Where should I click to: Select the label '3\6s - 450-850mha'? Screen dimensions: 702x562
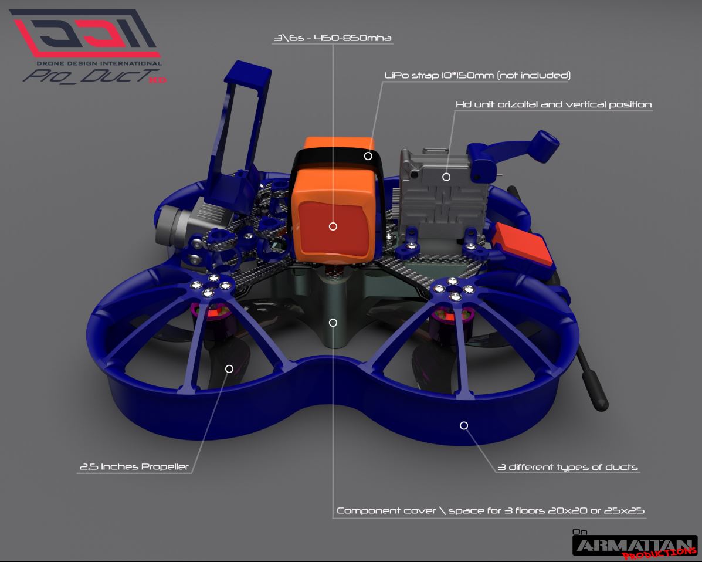click(x=333, y=38)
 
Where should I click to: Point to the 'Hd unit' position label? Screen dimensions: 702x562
click(x=554, y=104)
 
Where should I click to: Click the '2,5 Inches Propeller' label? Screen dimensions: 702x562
click(x=134, y=466)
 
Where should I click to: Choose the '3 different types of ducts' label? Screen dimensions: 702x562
click(x=568, y=467)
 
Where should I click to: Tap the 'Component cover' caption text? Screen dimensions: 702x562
click(x=386, y=510)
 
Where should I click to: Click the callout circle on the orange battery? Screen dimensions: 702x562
click(x=333, y=226)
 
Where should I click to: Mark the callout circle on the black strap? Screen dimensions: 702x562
click(x=368, y=156)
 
